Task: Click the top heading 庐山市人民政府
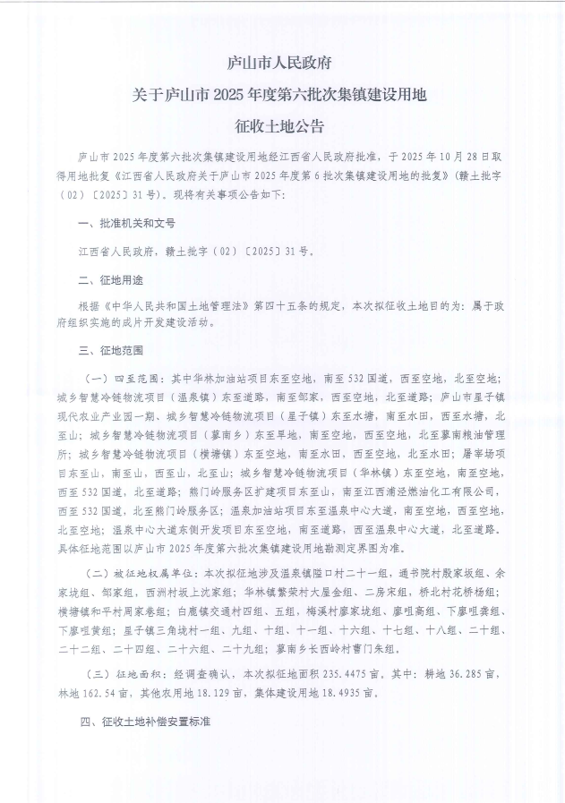(282, 64)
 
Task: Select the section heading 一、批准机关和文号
(127, 223)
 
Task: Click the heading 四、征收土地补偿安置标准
(142, 719)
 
